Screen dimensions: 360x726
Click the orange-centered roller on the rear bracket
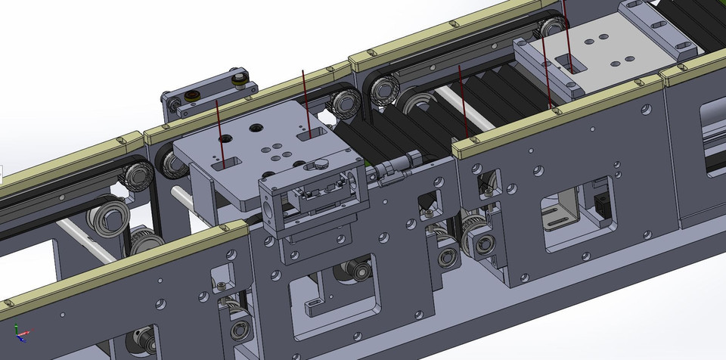192,95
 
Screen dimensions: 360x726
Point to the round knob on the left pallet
321,161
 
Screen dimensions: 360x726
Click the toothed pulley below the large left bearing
141,241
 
